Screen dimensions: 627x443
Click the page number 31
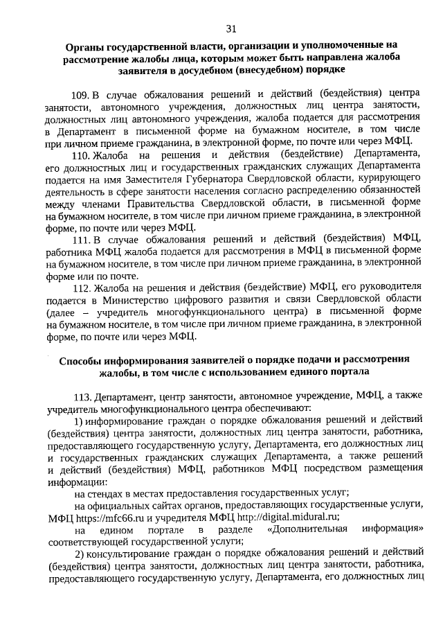[231, 28]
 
